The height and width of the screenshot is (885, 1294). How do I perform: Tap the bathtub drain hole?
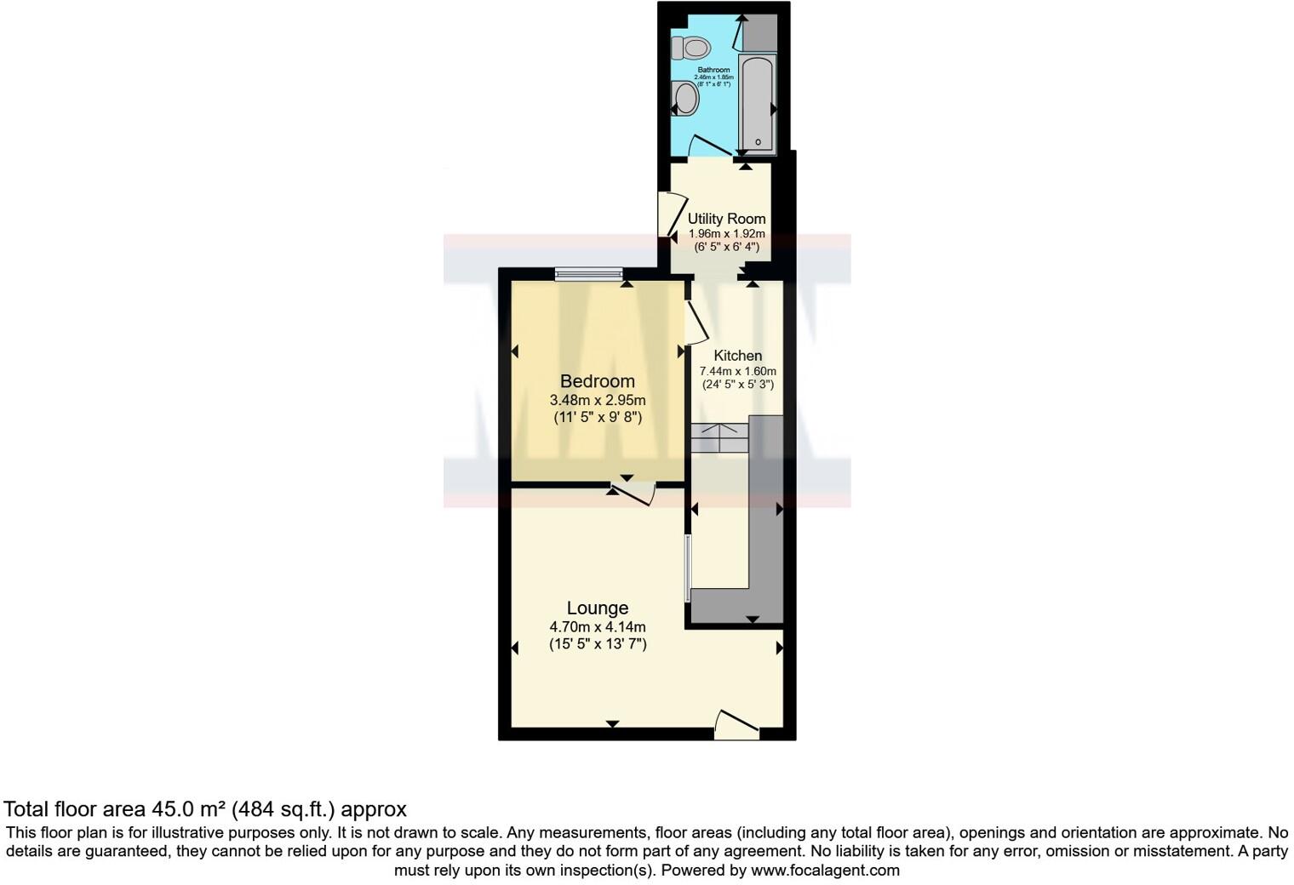point(757,142)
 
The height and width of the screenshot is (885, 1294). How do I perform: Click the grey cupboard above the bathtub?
point(759,32)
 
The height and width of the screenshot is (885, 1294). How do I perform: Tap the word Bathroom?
point(713,70)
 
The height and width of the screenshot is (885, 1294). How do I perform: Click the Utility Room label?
point(726,219)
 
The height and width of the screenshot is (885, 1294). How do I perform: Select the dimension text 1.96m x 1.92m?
point(726,234)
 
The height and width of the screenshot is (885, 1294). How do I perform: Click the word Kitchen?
point(737,356)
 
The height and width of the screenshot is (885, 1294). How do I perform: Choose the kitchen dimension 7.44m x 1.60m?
point(737,372)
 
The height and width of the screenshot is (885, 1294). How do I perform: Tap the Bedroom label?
point(597,381)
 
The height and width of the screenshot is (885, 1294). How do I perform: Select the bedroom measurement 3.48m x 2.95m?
point(597,400)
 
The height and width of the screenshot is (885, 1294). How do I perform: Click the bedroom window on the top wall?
point(588,273)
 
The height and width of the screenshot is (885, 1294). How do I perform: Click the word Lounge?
point(598,608)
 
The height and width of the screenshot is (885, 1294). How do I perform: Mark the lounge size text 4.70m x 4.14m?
point(597,627)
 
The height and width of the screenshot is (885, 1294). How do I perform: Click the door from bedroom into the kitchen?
point(696,324)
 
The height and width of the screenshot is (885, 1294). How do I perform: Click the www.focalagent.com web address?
point(826,871)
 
